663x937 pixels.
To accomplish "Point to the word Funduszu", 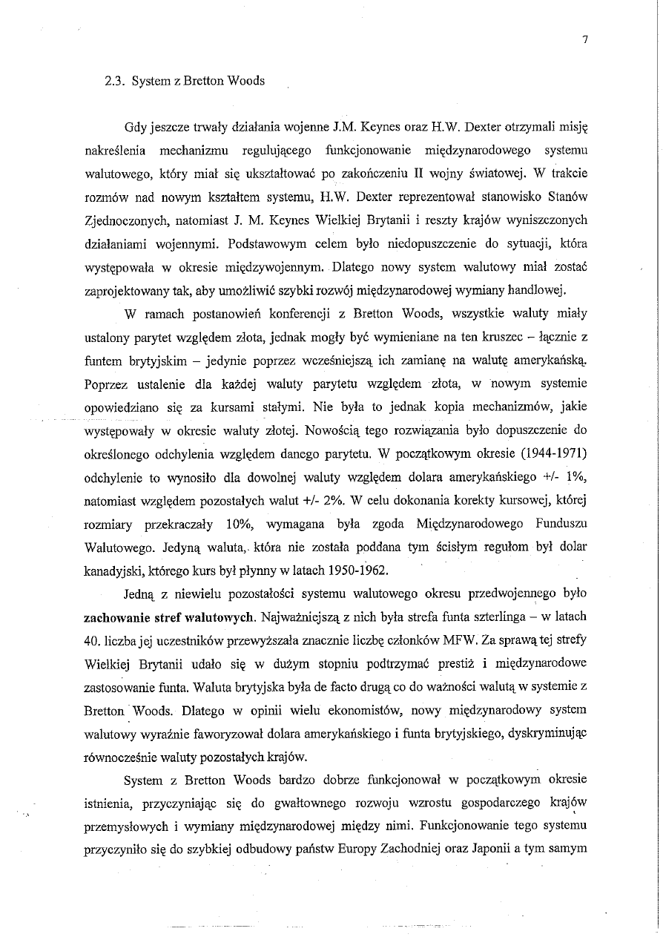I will pos(561,525).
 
